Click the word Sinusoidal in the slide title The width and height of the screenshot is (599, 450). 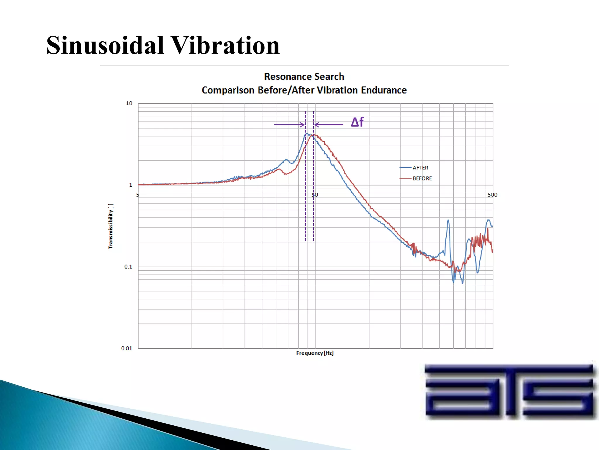(105, 45)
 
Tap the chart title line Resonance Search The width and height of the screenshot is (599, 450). (304, 77)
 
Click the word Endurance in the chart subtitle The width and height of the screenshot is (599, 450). (384, 90)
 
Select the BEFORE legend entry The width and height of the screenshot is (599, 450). (422, 178)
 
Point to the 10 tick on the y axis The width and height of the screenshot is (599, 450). (129, 103)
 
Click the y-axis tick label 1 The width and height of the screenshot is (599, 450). (130, 185)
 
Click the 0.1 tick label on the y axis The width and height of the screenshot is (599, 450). (128, 267)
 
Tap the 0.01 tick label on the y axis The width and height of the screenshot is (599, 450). (127, 348)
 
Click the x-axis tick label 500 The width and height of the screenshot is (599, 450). (492, 195)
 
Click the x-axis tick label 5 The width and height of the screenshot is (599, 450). (137, 195)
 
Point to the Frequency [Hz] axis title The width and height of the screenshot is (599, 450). (315, 353)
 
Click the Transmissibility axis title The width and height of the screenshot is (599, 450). (111, 226)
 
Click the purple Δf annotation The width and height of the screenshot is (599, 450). (357, 122)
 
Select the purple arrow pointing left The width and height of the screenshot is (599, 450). (329, 125)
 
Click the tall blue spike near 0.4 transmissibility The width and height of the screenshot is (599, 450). (448, 221)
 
